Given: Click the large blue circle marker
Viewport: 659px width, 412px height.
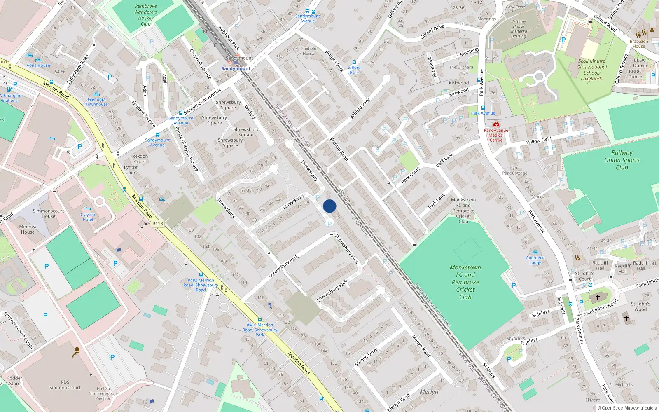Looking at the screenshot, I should coord(329,206).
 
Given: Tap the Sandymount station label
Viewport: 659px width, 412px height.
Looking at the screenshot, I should coord(236,68).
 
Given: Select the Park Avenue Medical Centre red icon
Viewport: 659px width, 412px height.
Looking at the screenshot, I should coord(496,124).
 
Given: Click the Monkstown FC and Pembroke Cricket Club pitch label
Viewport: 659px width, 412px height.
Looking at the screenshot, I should coord(465,282).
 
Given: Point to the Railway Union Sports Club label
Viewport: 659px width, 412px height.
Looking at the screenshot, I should coord(622,160).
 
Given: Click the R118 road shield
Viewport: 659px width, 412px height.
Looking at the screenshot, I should coord(158,224).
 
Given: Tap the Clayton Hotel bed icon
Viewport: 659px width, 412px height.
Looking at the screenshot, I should coord(87,209).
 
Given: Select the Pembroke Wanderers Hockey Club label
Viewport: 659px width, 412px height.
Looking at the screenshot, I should coord(146,15).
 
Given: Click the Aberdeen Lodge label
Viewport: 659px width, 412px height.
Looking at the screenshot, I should coord(535,260).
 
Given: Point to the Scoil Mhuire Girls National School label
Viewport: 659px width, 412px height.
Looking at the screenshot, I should coord(591,70).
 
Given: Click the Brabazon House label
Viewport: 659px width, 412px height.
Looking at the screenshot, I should coord(639,44).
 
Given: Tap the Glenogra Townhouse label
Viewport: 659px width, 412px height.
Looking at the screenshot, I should coord(97,102).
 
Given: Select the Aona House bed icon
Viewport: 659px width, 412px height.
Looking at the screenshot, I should coord(30,55).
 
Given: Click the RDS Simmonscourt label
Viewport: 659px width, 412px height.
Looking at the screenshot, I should coord(65,385).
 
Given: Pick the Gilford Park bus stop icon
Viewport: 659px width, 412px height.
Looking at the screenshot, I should coord(354,62).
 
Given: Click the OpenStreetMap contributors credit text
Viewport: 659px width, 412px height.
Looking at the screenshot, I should coord(628,408).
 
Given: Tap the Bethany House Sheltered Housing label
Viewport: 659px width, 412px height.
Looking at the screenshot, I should coord(518,29).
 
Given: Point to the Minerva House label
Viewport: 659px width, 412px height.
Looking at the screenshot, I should coord(28,229).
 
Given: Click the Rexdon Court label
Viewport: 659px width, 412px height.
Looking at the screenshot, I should coord(140,159).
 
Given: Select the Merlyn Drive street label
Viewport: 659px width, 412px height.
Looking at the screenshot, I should coord(366,357).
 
